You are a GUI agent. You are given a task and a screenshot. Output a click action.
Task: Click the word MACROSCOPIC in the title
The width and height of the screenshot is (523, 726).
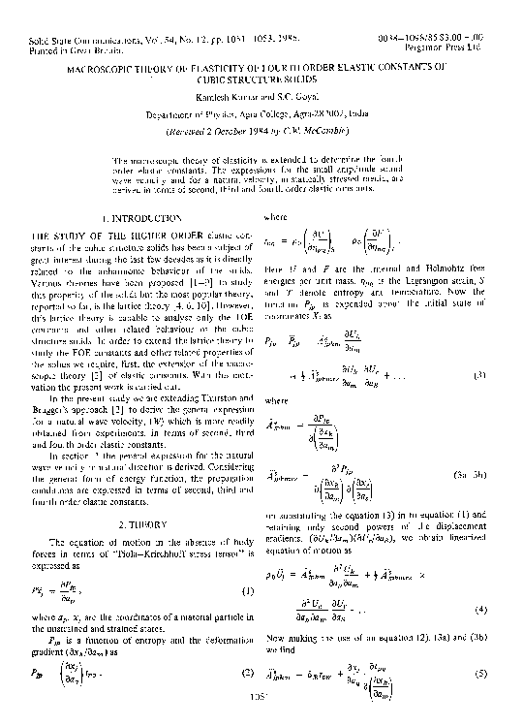pos(101,72)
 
